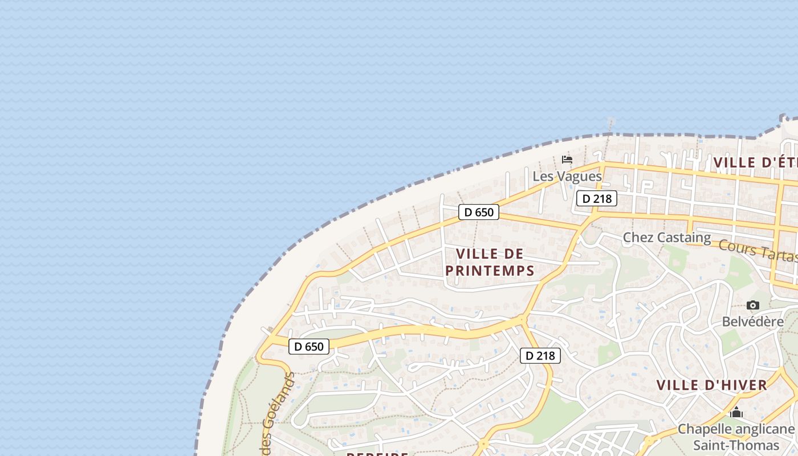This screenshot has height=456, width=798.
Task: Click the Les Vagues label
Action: [x=567, y=176]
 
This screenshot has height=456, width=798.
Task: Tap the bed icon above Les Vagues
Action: [x=567, y=159]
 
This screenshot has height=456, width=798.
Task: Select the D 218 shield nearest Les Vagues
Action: [x=597, y=198]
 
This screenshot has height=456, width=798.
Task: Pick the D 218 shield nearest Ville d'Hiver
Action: [x=540, y=356]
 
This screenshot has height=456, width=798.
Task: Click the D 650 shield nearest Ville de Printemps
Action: [x=479, y=212]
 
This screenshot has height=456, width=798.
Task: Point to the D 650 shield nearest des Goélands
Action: [x=309, y=346]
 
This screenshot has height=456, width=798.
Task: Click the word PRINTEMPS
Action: [x=490, y=271]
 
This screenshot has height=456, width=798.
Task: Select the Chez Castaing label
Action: [x=666, y=237]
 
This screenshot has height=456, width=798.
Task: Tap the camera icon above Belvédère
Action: [x=753, y=306]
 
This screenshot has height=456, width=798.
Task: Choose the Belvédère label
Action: [x=752, y=321]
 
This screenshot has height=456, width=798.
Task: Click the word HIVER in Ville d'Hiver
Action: [x=738, y=385]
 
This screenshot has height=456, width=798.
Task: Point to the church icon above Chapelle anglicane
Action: [x=736, y=412]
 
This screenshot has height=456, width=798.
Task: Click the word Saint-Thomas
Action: [x=736, y=446]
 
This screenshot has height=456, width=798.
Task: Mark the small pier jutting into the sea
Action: [x=610, y=123]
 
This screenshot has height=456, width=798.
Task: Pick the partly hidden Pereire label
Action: [x=377, y=454]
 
